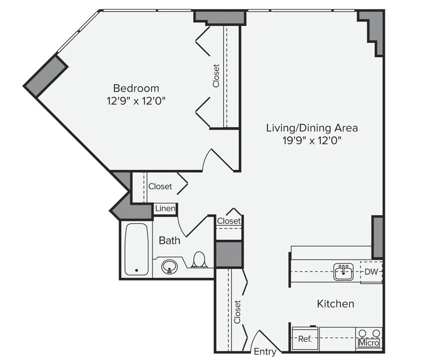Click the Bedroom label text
point(136,88)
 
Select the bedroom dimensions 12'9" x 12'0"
point(136,101)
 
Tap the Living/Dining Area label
point(312,127)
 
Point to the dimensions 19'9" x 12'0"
point(312,140)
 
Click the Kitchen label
point(335,304)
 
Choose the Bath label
point(169,240)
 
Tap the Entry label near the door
point(264,352)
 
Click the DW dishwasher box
point(372,272)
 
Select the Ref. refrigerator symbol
point(305,339)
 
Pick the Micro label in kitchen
point(369,343)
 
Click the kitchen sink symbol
point(344,271)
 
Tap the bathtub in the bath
point(136,248)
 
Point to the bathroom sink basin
point(169,267)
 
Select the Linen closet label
point(166,209)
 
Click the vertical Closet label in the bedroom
point(216,75)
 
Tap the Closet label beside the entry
point(237,312)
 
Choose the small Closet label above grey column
point(229,221)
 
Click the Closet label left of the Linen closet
point(160,186)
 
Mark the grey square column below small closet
point(228,255)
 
